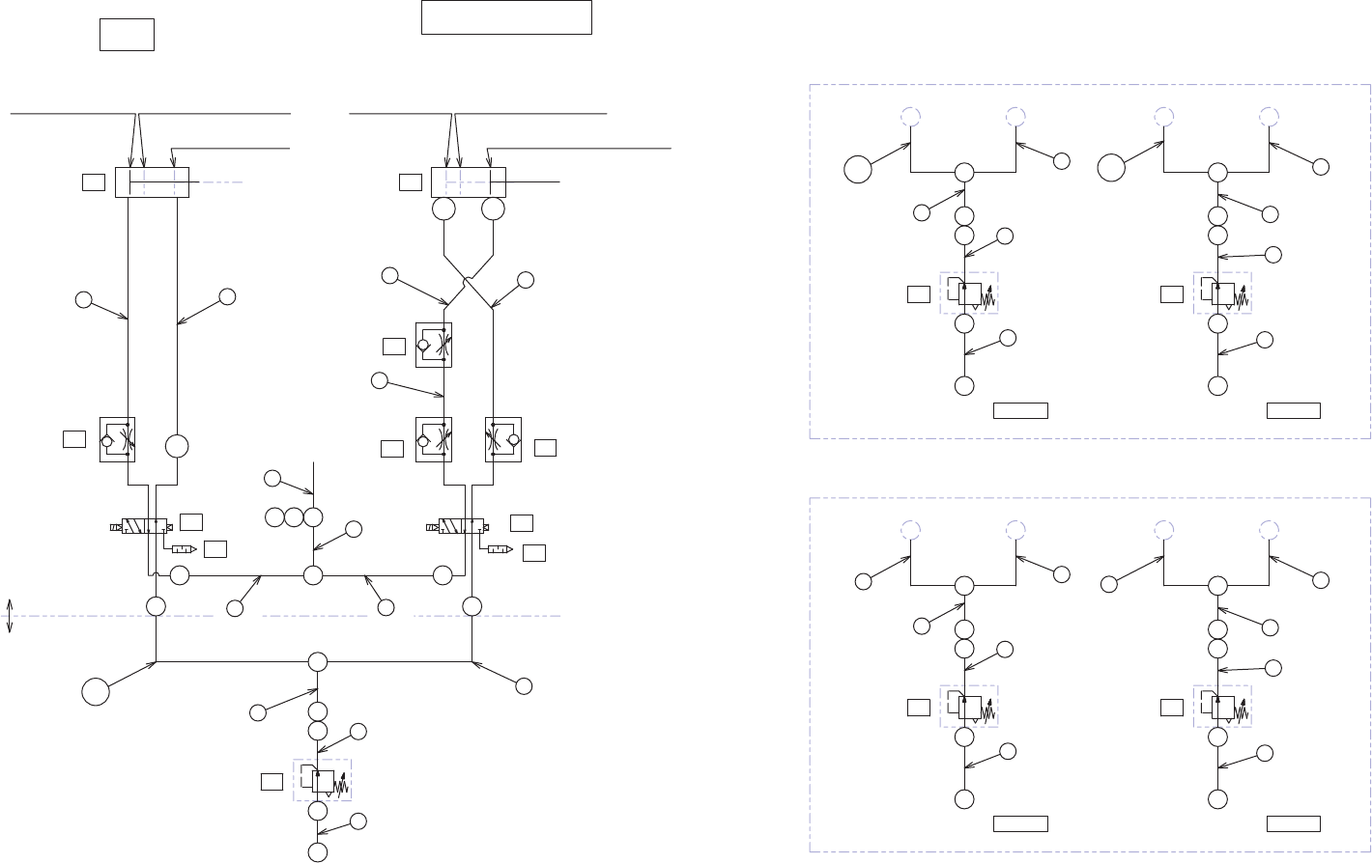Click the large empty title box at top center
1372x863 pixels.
click(506, 17)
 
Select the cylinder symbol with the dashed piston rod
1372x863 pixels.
click(152, 181)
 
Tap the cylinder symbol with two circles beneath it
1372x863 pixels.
click(469, 181)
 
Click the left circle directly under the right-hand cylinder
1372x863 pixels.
click(443, 209)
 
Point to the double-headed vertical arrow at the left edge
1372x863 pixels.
click(10, 616)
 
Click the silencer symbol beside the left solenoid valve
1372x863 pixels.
click(184, 549)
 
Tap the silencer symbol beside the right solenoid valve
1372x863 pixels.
click(500, 549)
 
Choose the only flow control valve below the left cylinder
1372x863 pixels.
click(117, 439)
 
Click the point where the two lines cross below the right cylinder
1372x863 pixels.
click(468, 283)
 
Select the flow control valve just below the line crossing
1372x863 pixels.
click(434, 345)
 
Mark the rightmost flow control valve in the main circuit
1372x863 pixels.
click(503, 439)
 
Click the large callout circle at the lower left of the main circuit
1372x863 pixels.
click(95, 692)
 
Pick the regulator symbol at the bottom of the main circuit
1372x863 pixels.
click(322, 779)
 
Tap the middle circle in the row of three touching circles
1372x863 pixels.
click(294, 517)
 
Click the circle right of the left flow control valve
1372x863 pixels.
click(177, 446)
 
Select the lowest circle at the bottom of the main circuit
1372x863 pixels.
click(317, 852)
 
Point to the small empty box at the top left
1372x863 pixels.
click(127, 34)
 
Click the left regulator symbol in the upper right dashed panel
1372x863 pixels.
click(968, 292)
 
